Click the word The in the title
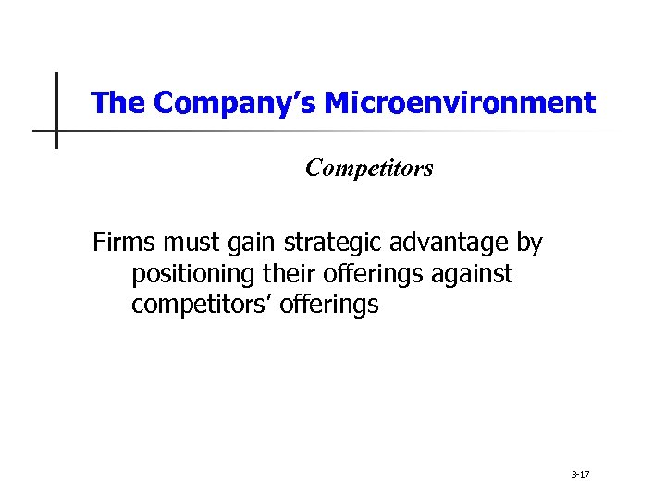(118, 103)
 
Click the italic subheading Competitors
(369, 169)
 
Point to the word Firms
(124, 243)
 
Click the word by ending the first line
(530, 244)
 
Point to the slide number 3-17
(581, 474)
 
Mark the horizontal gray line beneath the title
(370, 131)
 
